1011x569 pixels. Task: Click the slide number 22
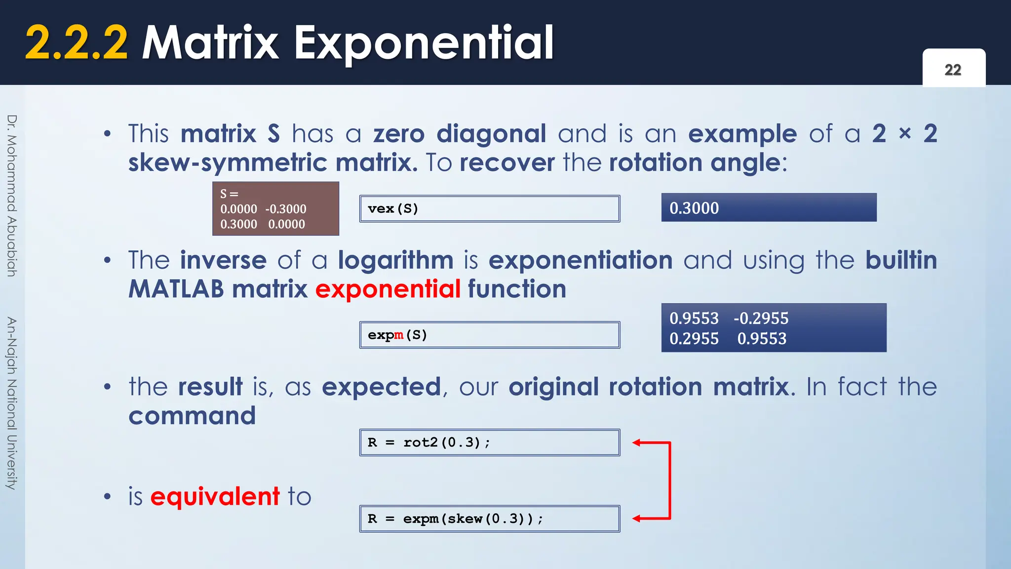coord(953,70)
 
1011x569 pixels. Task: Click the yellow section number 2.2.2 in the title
coord(77,43)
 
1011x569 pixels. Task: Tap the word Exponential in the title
coord(424,43)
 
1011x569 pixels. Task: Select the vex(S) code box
coord(489,208)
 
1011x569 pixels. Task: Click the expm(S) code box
coord(489,335)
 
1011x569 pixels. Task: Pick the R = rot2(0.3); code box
coord(489,443)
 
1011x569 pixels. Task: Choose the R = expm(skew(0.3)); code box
coord(489,519)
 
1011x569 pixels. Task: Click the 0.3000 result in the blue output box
coord(694,208)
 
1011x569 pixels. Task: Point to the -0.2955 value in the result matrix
coord(761,319)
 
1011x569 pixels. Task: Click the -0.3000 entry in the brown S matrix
coord(286,209)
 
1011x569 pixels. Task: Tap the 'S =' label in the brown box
coord(229,194)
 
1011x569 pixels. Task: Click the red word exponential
coord(388,289)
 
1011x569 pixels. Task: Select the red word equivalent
coord(215,496)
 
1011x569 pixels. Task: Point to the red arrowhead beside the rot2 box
coord(637,443)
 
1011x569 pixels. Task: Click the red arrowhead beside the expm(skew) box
coord(637,519)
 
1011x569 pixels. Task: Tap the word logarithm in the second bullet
coord(395,260)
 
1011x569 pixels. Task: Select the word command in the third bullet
coord(192,416)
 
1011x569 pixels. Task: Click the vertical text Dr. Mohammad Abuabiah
coord(12,196)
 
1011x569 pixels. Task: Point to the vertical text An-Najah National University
coord(12,403)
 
